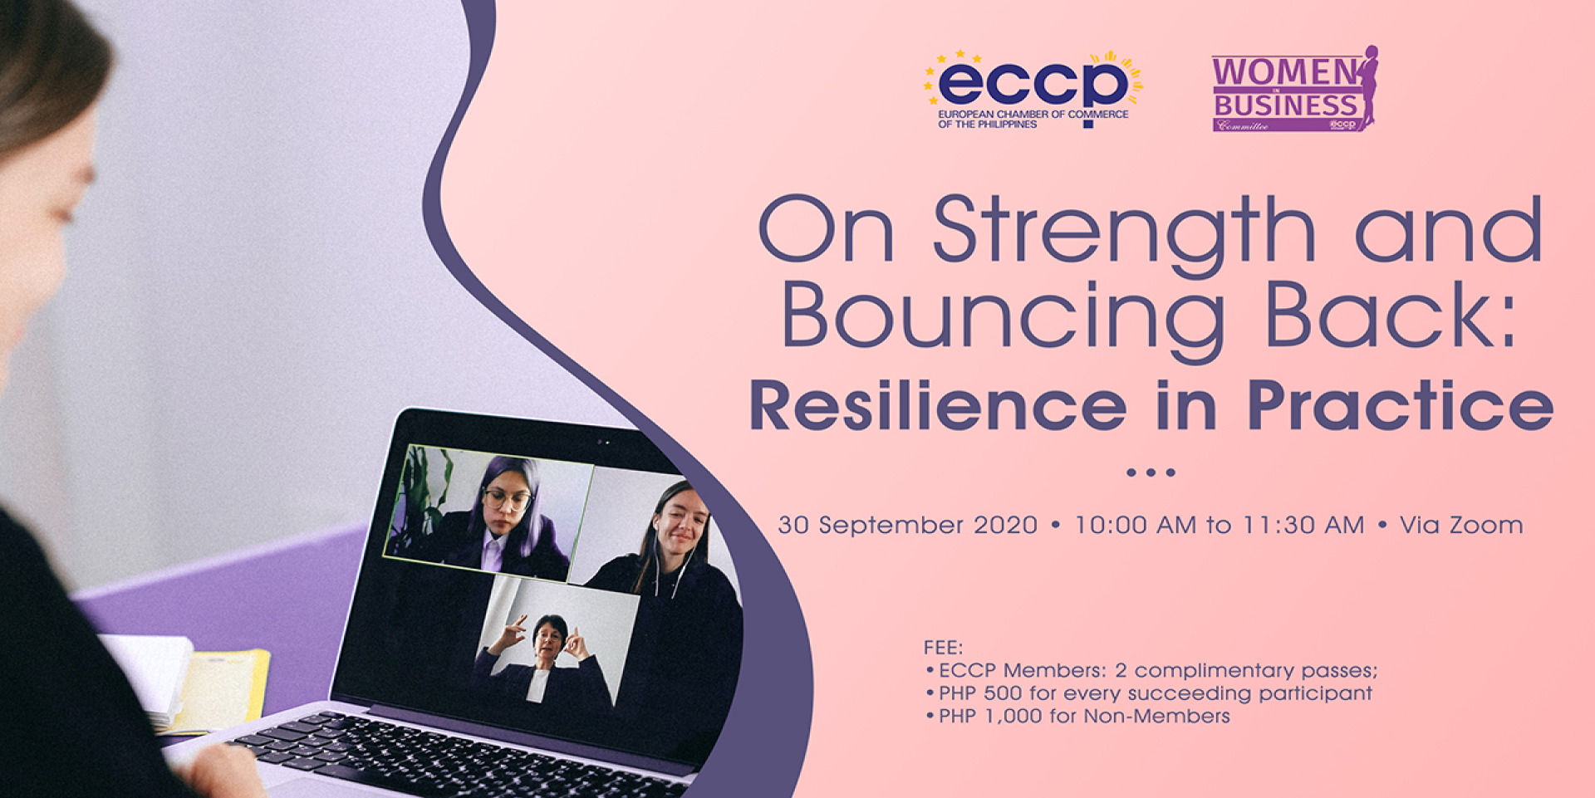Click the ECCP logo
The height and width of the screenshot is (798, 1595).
click(1033, 90)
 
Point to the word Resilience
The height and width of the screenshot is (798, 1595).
click(938, 405)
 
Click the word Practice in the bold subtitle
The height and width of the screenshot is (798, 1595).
click(1400, 405)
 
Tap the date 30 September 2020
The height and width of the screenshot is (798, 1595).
click(907, 525)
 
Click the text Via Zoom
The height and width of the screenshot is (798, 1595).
click(1461, 525)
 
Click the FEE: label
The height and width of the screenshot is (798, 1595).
click(943, 647)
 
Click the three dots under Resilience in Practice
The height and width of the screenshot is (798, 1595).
click(1151, 472)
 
